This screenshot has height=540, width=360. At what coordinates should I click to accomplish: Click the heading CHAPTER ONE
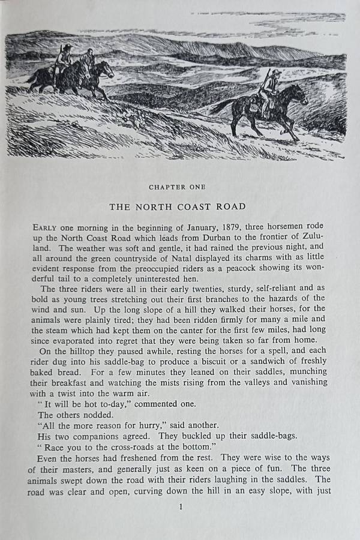(x=177, y=187)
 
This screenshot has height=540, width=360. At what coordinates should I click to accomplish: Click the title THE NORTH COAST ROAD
(x=177, y=206)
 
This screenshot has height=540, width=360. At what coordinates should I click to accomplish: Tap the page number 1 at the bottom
(x=179, y=507)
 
